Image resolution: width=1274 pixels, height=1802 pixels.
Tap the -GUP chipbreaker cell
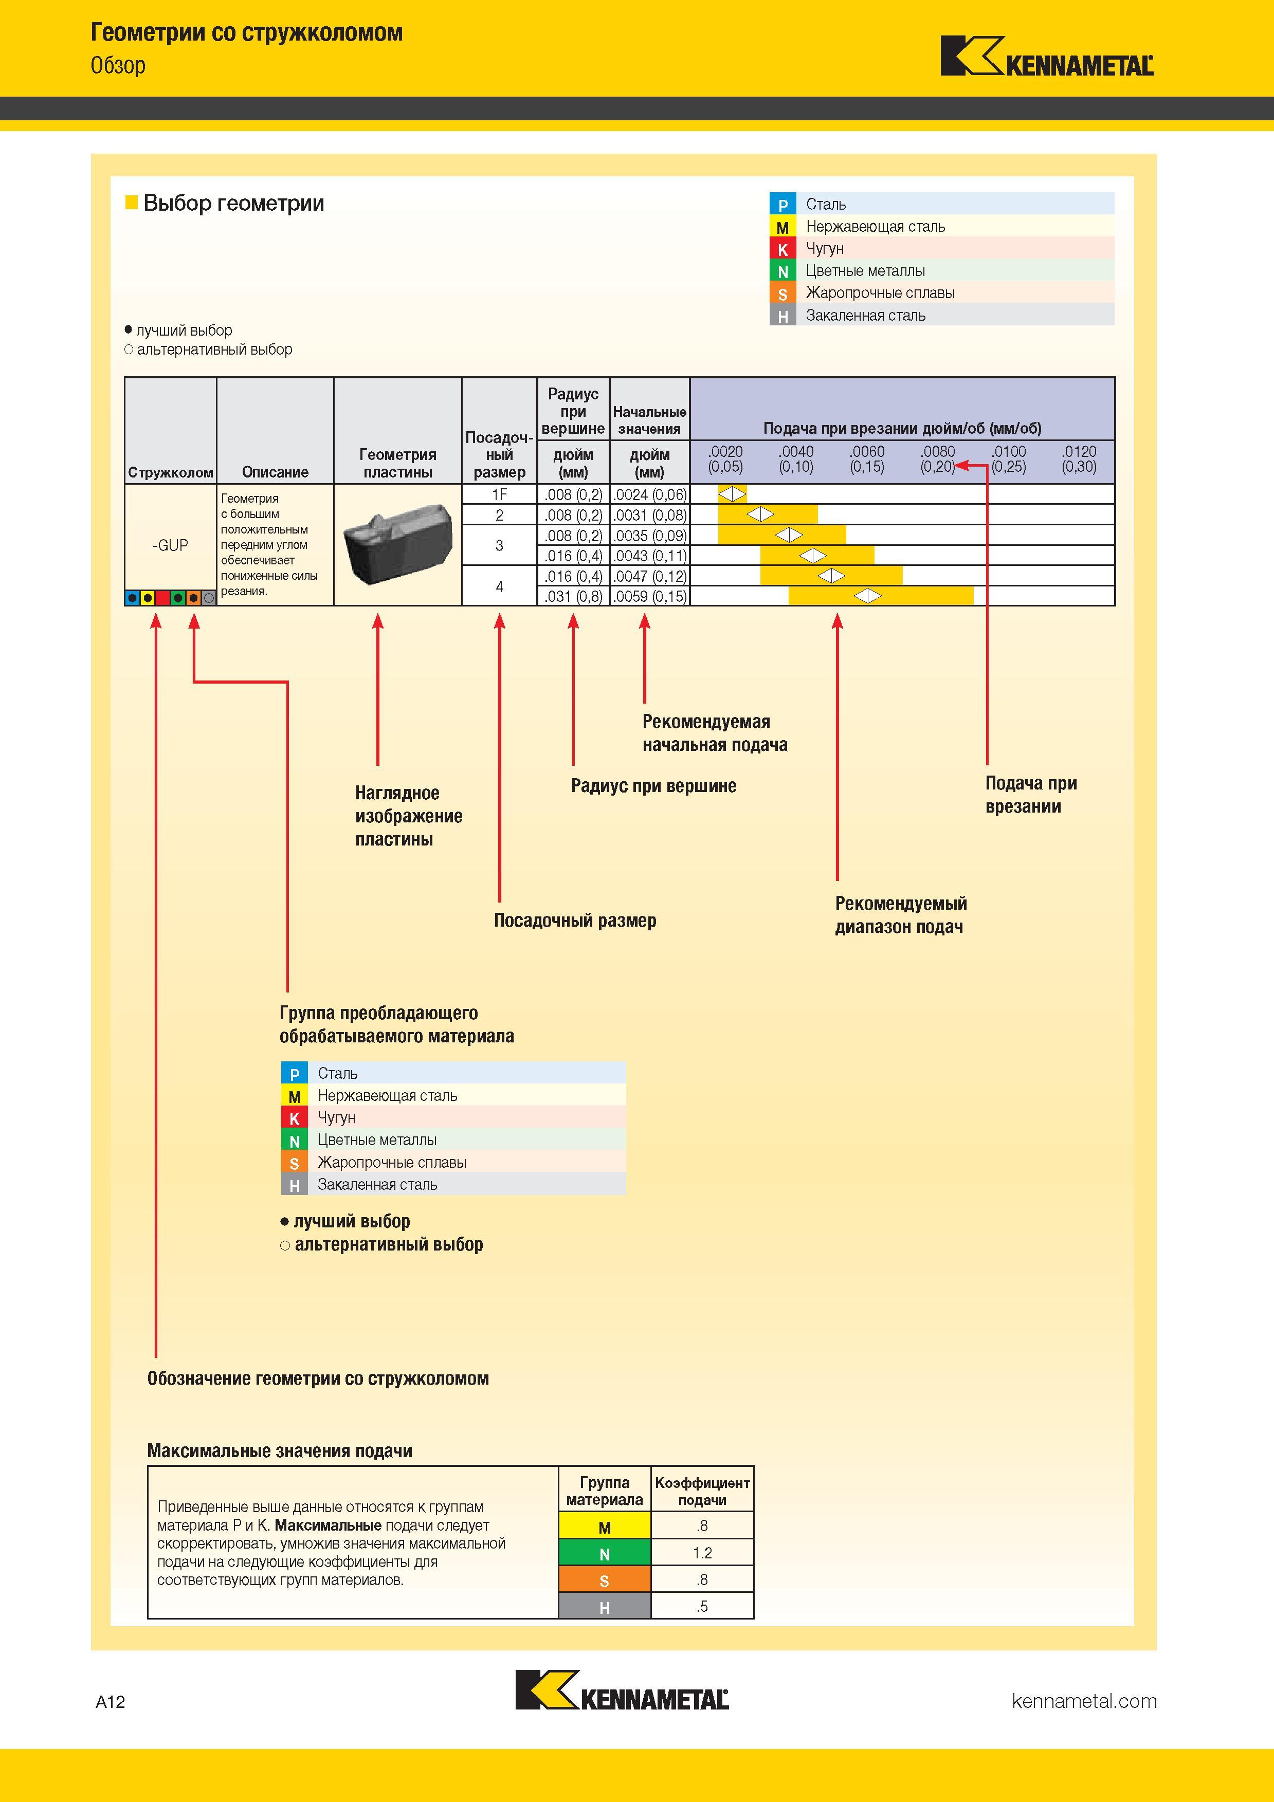coord(170,545)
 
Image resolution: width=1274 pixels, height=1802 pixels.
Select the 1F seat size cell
coord(499,494)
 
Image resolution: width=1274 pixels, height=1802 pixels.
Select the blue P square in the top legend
coord(782,204)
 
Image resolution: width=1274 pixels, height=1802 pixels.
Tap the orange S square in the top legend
coord(782,293)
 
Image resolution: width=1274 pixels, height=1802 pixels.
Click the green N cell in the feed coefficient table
coord(605,1554)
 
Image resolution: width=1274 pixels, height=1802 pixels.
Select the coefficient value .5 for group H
coord(702,1607)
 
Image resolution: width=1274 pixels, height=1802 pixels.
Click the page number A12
coord(111,1702)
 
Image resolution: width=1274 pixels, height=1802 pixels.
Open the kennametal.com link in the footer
coord(1084,1701)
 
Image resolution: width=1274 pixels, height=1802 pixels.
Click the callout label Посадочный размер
coord(575,921)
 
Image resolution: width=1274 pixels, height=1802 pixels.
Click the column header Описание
coord(275,472)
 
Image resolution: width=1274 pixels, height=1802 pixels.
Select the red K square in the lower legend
coord(295,1117)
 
